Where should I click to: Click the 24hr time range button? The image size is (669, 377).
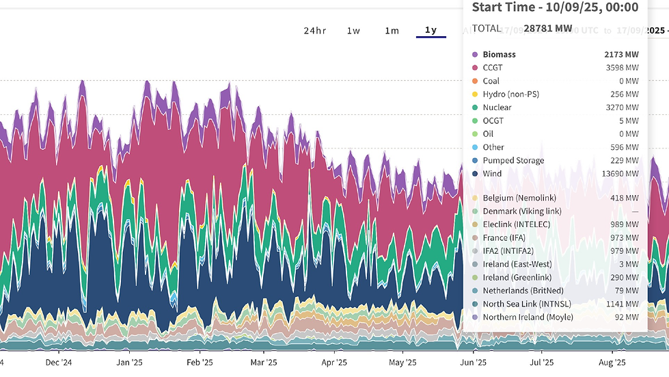click(315, 30)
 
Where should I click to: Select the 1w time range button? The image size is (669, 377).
click(353, 30)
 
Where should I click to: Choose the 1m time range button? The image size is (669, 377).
click(392, 30)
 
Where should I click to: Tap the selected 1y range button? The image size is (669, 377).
click(431, 30)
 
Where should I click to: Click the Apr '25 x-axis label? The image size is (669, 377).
click(334, 363)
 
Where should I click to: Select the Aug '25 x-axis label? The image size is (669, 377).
click(612, 363)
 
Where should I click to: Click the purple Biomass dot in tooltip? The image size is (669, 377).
click(475, 55)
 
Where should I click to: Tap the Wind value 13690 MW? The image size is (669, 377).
click(621, 174)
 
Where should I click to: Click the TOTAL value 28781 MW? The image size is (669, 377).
click(548, 29)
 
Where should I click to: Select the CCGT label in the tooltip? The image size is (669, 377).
click(493, 68)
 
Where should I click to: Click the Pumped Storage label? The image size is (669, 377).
click(513, 161)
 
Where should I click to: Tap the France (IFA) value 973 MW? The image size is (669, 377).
click(625, 238)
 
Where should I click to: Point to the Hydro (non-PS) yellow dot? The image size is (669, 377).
click(475, 94)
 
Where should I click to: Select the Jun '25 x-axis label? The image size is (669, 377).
click(473, 363)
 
